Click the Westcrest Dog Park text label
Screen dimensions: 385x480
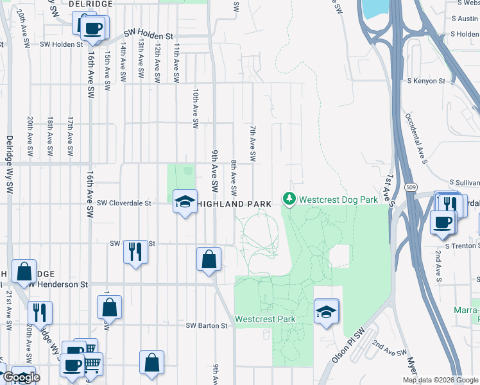pos(339,200)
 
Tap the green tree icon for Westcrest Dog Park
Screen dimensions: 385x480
pos(289,200)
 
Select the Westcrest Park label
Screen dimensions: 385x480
pos(265,319)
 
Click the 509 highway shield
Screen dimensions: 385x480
pos(411,187)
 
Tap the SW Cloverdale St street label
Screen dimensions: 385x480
pos(123,203)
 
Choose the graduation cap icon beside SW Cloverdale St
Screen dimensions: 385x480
pos(184,202)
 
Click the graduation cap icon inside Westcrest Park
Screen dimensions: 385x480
pos(326,312)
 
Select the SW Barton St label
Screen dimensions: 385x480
pos(207,326)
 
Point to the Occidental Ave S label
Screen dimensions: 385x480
pos(416,137)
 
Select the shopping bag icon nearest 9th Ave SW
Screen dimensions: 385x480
pos(209,260)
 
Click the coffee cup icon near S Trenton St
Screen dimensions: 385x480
pos(442,223)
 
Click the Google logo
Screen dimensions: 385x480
pos(21,377)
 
